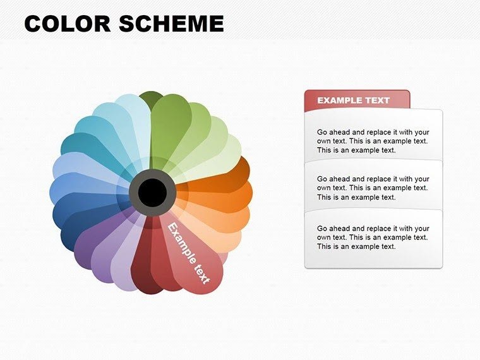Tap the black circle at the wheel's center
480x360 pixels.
(151, 192)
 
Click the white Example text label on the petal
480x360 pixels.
(189, 252)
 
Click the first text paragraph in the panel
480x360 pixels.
(373, 141)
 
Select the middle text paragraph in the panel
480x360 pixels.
(373, 188)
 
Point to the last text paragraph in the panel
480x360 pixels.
(373, 237)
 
